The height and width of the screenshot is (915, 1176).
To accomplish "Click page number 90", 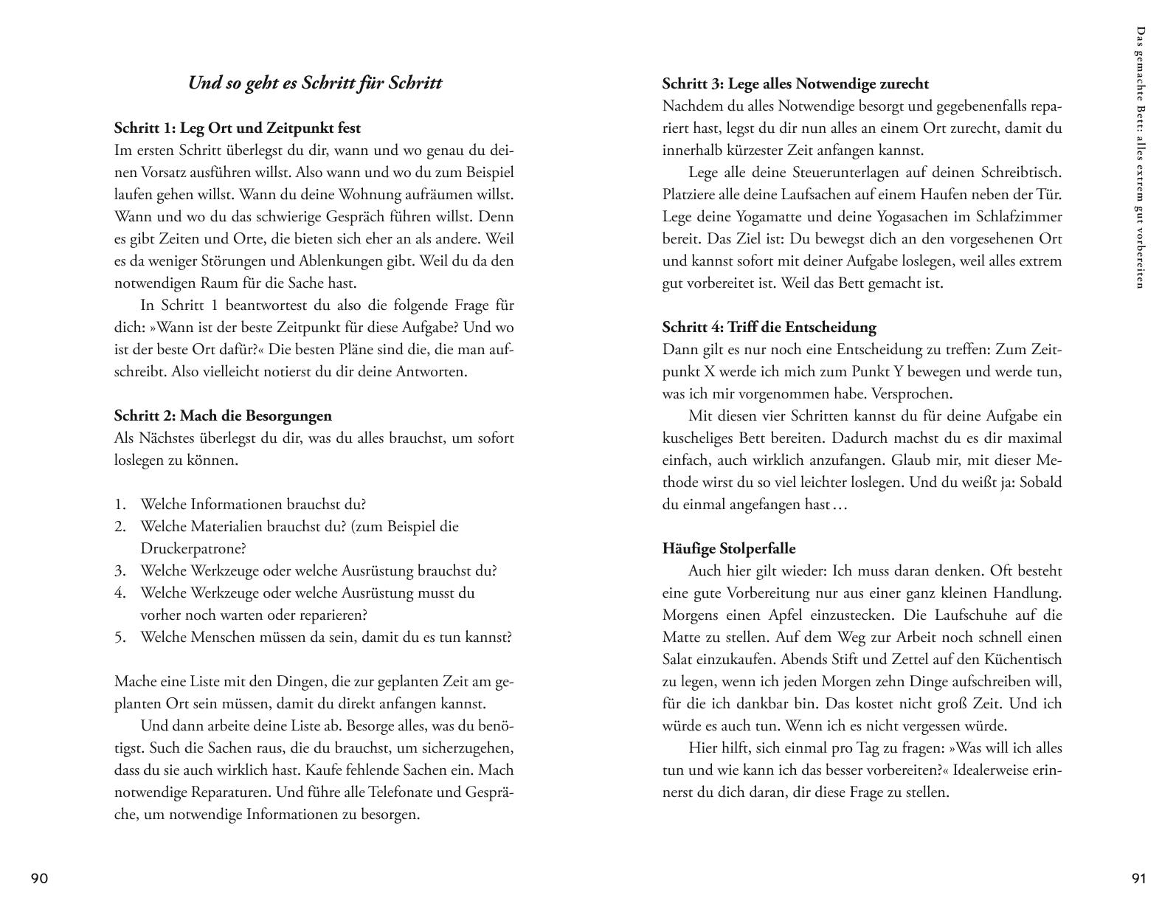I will (x=39, y=878).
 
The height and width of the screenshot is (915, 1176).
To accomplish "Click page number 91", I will (x=1138, y=878).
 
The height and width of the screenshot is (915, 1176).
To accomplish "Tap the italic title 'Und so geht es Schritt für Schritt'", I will (x=315, y=83).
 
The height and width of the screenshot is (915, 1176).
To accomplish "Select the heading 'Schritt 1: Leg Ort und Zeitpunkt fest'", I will (x=238, y=128).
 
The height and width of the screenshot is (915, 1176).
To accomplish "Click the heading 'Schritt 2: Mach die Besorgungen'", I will (x=223, y=415).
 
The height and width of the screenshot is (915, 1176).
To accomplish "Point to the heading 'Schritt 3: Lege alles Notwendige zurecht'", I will (x=795, y=83).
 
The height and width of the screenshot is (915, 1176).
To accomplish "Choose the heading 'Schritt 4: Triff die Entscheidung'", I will (x=769, y=327).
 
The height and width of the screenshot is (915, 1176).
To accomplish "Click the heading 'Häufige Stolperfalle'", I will (x=729, y=548).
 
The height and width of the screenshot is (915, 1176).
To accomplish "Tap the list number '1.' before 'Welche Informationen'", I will (x=120, y=504).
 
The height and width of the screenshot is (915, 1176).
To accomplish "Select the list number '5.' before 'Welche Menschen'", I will (x=120, y=637).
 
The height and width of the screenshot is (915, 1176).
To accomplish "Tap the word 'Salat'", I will (x=679, y=659).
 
